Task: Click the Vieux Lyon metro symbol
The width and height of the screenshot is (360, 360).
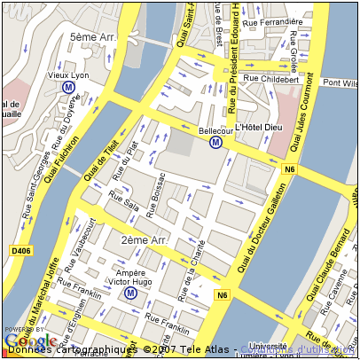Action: click(x=68, y=88)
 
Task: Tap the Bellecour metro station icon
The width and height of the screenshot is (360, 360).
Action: click(x=215, y=143)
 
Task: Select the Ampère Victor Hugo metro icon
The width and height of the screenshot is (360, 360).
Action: click(x=130, y=293)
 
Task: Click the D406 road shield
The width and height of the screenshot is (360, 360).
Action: click(x=20, y=252)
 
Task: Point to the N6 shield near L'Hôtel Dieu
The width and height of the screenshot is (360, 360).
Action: click(x=288, y=168)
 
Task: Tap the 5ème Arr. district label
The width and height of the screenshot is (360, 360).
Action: click(x=93, y=38)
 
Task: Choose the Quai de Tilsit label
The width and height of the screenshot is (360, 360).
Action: click(x=101, y=164)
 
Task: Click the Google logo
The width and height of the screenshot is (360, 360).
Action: click(x=30, y=340)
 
